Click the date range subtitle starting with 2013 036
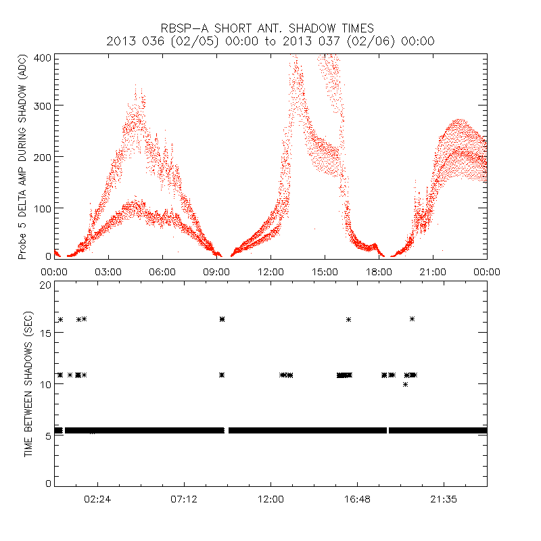click(x=270, y=41)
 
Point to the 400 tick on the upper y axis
click(x=42, y=57)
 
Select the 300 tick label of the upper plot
click(x=42, y=106)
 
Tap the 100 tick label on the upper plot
click(x=42, y=208)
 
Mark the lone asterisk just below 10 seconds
click(x=405, y=384)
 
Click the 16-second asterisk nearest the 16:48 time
click(x=348, y=319)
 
